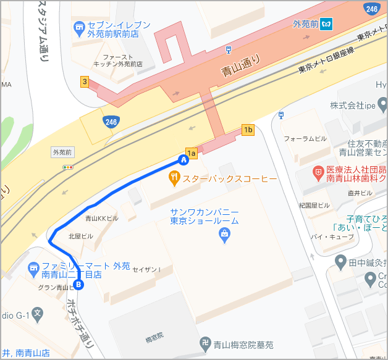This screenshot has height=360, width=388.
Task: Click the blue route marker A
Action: (183, 160)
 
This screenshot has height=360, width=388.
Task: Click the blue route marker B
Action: (78, 285)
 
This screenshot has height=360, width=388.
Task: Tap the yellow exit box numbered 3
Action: (85, 81)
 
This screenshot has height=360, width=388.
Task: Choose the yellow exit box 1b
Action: (248, 130)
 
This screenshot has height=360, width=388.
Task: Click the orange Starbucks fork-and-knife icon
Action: (175, 179)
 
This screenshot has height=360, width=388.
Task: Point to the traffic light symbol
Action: (68, 167)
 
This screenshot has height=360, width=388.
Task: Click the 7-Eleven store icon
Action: (78, 27)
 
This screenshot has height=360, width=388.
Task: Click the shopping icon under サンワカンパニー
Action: (224, 233)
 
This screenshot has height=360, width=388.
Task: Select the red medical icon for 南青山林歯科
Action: (318, 170)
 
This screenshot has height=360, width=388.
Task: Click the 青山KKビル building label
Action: (101, 219)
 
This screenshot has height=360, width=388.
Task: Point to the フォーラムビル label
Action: (305, 139)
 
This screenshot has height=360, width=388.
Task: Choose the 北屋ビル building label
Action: (80, 236)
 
